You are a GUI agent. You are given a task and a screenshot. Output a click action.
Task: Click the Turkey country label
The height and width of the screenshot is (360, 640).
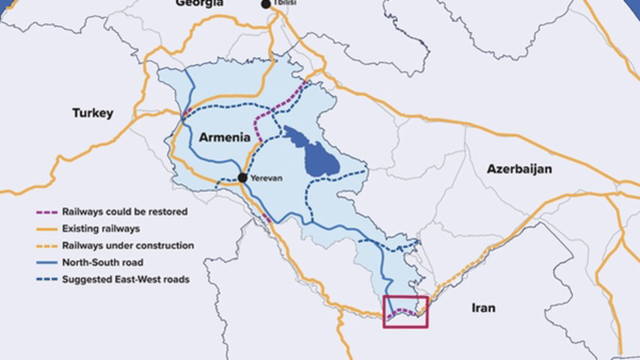click(x=93, y=113)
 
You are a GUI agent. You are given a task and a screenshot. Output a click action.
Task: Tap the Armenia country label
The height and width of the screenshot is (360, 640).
click(x=224, y=138)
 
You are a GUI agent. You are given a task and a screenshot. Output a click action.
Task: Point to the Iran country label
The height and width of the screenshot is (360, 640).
click(x=483, y=307)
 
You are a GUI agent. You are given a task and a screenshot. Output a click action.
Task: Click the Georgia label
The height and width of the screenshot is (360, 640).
click(x=199, y=3)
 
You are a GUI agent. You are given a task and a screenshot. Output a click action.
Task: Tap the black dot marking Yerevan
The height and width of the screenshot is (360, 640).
click(x=243, y=178)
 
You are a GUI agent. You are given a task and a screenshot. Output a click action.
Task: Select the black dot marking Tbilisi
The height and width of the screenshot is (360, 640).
click(x=266, y=4)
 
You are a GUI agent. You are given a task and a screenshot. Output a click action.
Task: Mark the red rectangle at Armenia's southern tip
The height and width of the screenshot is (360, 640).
click(x=405, y=312)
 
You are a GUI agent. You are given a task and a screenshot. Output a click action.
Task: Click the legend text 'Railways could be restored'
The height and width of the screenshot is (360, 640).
click(x=125, y=212)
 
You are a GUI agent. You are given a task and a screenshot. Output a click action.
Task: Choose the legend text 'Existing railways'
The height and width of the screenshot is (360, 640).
click(x=101, y=229)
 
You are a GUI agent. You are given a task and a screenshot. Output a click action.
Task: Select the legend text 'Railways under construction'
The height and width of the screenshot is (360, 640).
click(x=128, y=245)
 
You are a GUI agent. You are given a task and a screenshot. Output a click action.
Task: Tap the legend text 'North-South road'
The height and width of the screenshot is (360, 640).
click(x=103, y=263)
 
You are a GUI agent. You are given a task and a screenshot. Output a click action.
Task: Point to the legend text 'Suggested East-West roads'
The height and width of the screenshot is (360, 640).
click(x=126, y=279)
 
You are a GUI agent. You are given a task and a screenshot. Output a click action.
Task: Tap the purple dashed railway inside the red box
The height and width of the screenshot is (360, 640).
click(x=403, y=311)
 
